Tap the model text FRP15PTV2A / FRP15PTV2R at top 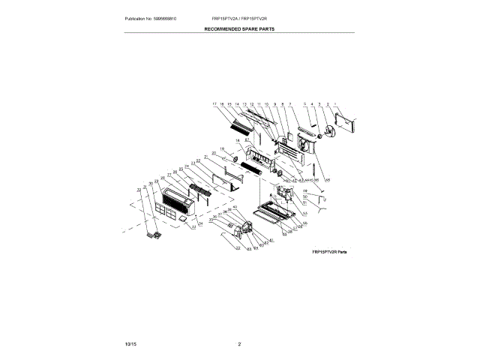click(240, 17)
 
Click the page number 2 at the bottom click(239, 343)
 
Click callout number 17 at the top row click(214, 103)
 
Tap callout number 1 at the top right click(335, 103)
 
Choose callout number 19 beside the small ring click(221, 149)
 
